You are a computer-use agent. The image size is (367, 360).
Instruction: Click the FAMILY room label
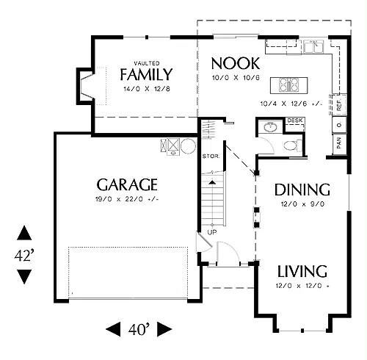point(146,74)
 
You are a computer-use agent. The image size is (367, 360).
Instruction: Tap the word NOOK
point(236,63)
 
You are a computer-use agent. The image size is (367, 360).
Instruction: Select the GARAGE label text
point(127,184)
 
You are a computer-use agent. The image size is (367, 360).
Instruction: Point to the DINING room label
point(302,190)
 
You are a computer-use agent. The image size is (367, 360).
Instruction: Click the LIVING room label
point(302,271)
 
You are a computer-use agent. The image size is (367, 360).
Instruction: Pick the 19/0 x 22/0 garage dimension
point(127,199)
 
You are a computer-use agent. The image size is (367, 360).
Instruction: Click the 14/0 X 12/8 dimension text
point(147,89)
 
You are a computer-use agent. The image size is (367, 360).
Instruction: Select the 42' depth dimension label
point(24,256)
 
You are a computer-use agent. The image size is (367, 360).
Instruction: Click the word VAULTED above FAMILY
point(147,63)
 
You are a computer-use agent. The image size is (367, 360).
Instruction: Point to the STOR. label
point(211,156)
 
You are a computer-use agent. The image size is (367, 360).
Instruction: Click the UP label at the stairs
point(212,232)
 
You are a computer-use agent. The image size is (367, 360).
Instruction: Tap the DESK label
point(295,120)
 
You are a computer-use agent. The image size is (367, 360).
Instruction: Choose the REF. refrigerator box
point(339,104)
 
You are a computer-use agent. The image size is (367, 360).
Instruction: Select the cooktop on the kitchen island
point(289,84)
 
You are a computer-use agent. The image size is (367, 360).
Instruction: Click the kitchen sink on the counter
point(313,46)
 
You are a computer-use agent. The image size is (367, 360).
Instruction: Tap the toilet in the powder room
point(293,145)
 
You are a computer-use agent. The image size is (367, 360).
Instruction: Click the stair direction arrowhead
point(212,182)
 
